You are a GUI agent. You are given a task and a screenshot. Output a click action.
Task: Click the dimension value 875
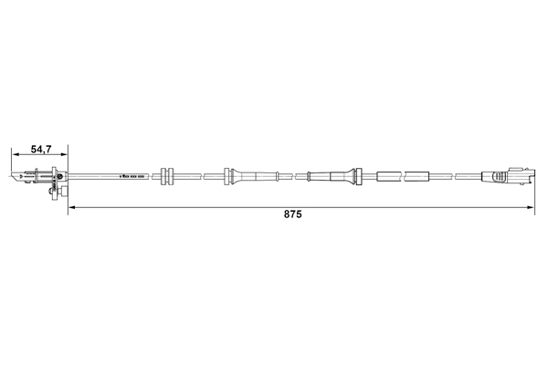tap(292, 217)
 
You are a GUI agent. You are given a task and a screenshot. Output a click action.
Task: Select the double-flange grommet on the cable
tap(167, 175)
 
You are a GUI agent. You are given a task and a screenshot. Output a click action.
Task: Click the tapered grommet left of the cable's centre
tap(231, 175)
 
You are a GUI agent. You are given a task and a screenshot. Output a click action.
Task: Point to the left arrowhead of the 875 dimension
tap(72, 208)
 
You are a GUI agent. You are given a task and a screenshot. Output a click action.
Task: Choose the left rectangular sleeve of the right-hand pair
tap(388, 175)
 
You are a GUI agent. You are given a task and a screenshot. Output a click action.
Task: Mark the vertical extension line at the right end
tap(534, 192)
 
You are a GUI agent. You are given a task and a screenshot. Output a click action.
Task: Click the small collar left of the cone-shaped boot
tap(311, 175)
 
